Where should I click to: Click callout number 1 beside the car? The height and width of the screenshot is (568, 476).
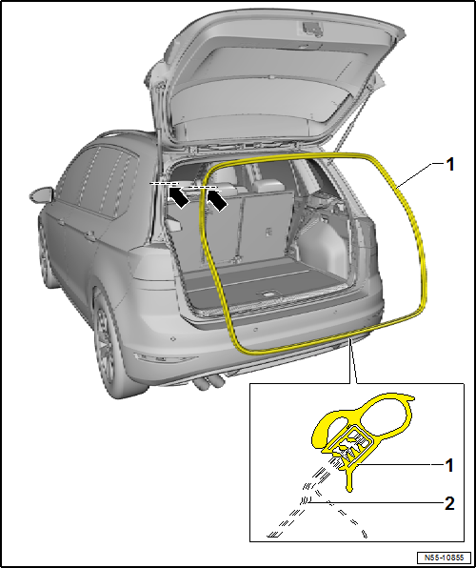pyautogui.click(x=450, y=164)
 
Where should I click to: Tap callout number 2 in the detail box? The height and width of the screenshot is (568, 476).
pyautogui.click(x=450, y=501)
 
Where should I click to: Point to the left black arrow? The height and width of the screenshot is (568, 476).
pyautogui.click(x=177, y=196)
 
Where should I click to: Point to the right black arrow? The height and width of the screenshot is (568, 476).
pyautogui.click(x=217, y=200)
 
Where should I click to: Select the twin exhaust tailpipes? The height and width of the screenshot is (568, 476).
pyautogui.click(x=210, y=383)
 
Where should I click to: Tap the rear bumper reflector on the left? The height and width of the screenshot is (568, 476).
pyautogui.click(x=172, y=339)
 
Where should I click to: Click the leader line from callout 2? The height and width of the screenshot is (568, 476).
pyautogui.click(x=381, y=501)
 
